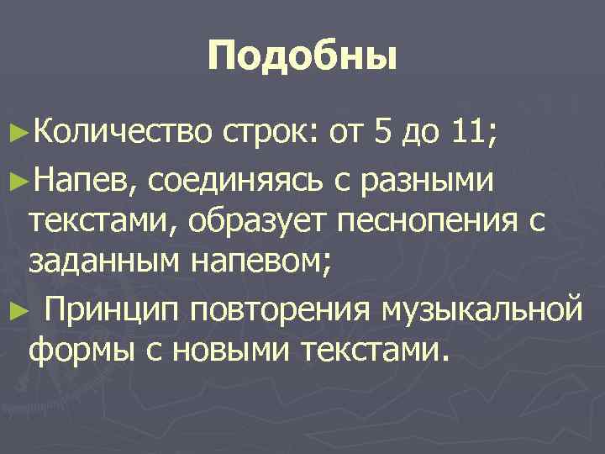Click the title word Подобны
[302, 58]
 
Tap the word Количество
[120, 131]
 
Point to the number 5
[382, 131]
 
